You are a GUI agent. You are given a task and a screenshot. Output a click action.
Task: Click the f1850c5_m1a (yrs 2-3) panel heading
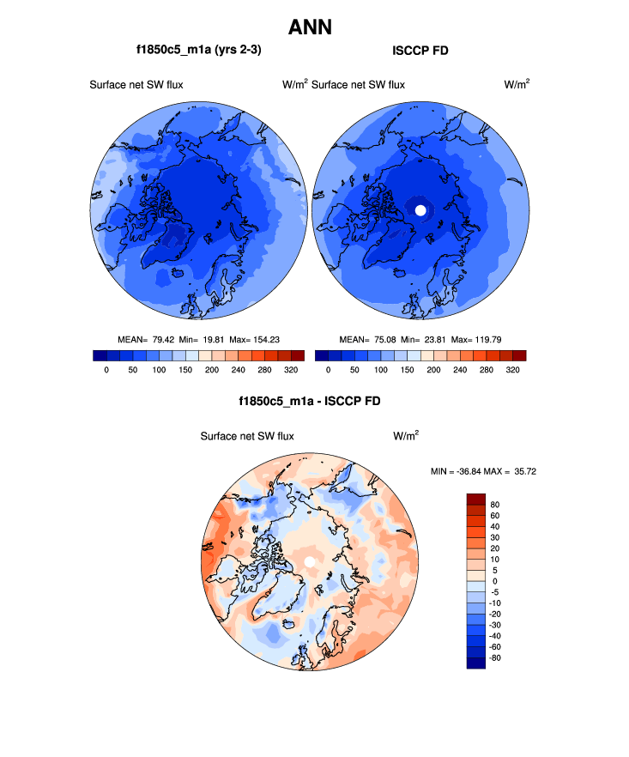pos(198,51)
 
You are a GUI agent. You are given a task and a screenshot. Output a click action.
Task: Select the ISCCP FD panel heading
pos(420,51)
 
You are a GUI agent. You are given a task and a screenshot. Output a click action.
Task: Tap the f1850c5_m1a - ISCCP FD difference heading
pos(310,401)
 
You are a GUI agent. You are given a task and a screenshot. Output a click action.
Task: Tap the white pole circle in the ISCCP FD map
pos(420,209)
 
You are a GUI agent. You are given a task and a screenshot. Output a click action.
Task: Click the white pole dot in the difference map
pos(309,561)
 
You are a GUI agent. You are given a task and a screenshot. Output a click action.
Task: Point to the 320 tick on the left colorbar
pos(291,370)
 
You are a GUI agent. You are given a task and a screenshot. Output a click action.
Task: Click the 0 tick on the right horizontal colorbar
pos(330,370)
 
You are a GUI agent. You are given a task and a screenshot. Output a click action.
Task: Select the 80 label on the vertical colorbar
pos(495,505)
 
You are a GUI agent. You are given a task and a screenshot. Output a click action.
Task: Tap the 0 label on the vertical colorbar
pos(493,581)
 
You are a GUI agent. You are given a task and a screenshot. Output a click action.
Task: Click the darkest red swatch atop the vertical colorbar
pos(476,499)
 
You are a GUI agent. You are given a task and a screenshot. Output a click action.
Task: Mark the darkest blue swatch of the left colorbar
pos(100,355)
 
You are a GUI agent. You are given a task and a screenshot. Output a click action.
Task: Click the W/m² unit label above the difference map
pos(406,436)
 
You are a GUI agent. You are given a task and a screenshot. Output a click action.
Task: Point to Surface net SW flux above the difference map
pos(247,436)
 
